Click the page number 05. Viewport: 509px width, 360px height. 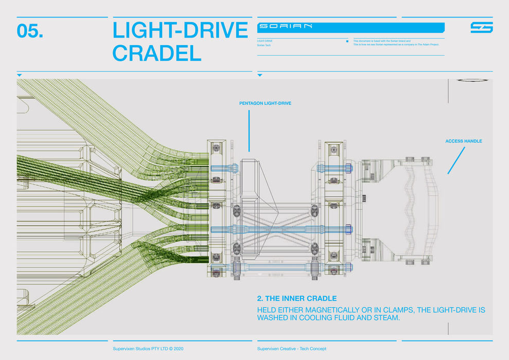coord(30,31)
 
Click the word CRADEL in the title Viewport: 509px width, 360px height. coord(156,53)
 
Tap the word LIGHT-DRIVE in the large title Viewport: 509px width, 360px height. coord(180,31)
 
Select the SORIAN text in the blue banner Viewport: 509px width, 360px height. coord(286,26)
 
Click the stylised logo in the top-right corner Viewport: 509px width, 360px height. coord(481,27)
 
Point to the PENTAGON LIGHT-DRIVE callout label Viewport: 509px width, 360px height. coord(265,103)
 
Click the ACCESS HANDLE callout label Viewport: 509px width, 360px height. coord(464,141)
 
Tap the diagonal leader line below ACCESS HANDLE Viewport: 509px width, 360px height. coord(456,160)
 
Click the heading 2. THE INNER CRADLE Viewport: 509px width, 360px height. coord(296,298)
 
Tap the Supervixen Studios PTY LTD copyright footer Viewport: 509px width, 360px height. coord(148,349)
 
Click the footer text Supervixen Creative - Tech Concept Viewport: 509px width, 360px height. coord(291,349)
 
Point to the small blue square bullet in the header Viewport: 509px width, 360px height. coord(347,41)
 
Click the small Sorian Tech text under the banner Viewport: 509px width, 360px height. coord(264,45)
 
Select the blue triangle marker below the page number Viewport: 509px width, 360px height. coord(20,75)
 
